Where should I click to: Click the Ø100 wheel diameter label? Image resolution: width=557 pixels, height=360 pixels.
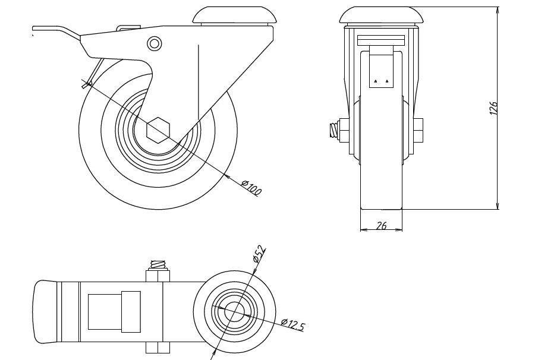pyautogui.click(x=251, y=188)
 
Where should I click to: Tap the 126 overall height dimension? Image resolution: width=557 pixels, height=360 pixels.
pyautogui.click(x=493, y=108)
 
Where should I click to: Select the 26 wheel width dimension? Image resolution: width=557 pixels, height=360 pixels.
pyautogui.click(x=381, y=225)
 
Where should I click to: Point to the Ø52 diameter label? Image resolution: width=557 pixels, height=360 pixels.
pyautogui.click(x=259, y=254)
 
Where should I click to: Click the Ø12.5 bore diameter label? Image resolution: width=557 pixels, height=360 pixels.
pyautogui.click(x=292, y=324)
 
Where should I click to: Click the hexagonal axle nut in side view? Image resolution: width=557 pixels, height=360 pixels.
pyautogui.click(x=159, y=130)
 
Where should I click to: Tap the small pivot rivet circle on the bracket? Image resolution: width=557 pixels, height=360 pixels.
pyautogui.click(x=154, y=44)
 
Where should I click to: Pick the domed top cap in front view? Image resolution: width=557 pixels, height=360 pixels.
pyautogui.click(x=382, y=15)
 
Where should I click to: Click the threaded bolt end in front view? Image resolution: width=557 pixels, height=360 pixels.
pyautogui.click(x=333, y=131)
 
